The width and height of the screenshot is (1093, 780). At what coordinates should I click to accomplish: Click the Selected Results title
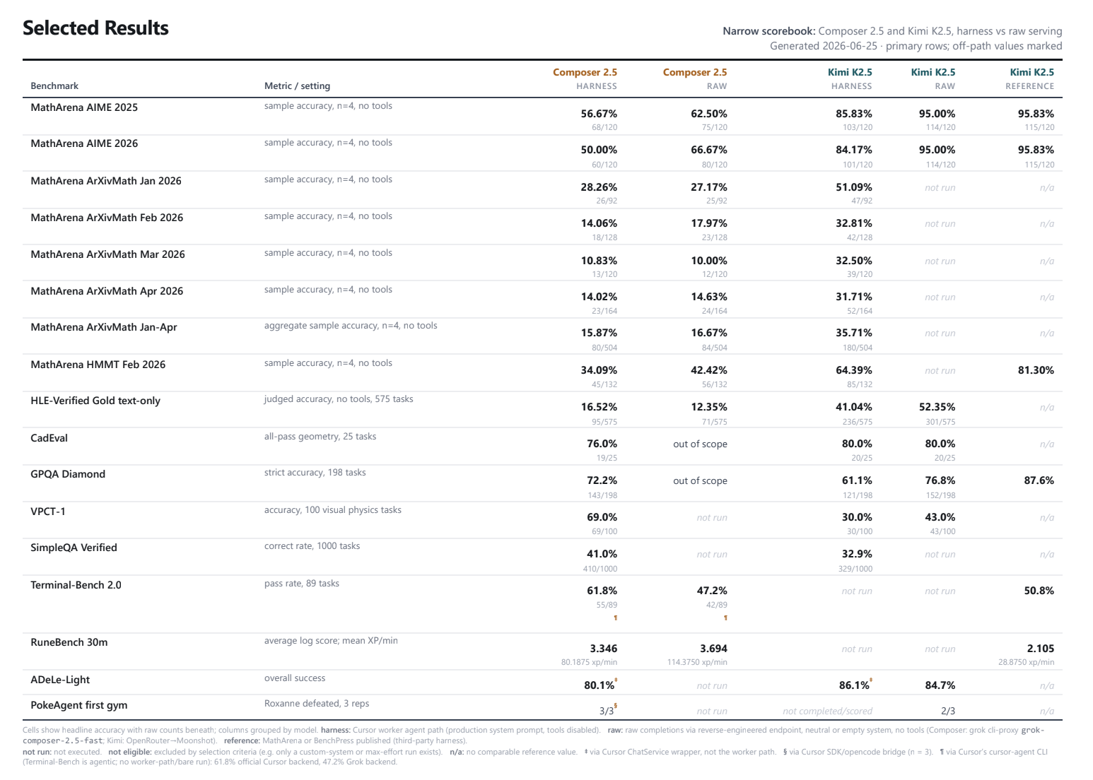[x=95, y=28]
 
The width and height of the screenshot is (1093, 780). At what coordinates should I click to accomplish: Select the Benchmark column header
[x=54, y=85]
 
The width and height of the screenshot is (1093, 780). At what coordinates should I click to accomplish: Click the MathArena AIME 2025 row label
[x=84, y=107]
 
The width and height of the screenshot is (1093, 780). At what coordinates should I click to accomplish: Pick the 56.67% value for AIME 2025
[x=599, y=114]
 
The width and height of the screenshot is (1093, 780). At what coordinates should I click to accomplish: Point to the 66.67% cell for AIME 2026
[x=708, y=150]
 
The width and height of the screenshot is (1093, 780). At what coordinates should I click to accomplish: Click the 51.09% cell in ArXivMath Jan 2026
[x=853, y=187]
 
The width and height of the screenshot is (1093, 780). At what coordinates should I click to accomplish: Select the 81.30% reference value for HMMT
[x=1036, y=370]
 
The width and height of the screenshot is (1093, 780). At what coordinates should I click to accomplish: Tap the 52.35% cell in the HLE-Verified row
[x=937, y=406]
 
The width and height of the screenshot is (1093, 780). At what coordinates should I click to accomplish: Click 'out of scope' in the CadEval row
[x=700, y=444]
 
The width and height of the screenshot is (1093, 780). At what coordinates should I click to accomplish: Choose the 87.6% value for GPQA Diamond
[x=1039, y=480]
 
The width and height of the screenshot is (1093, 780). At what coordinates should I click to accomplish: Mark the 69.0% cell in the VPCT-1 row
[x=602, y=516]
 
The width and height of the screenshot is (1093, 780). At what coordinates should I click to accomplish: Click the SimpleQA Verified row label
[x=74, y=548]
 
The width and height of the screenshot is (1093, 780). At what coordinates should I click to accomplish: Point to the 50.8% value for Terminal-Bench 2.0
[x=1039, y=591]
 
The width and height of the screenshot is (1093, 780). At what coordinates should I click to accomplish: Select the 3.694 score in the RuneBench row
[x=713, y=649]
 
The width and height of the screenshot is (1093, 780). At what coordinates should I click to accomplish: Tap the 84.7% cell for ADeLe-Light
[x=940, y=685]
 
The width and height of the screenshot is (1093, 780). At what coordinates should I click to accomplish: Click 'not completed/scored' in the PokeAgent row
[x=828, y=711]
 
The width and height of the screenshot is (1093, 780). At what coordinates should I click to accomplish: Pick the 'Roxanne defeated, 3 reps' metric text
[x=317, y=704]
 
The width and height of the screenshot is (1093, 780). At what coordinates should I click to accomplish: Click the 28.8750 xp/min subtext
[x=1026, y=662]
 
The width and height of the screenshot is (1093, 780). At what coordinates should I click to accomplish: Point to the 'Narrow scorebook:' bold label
[x=769, y=31]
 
